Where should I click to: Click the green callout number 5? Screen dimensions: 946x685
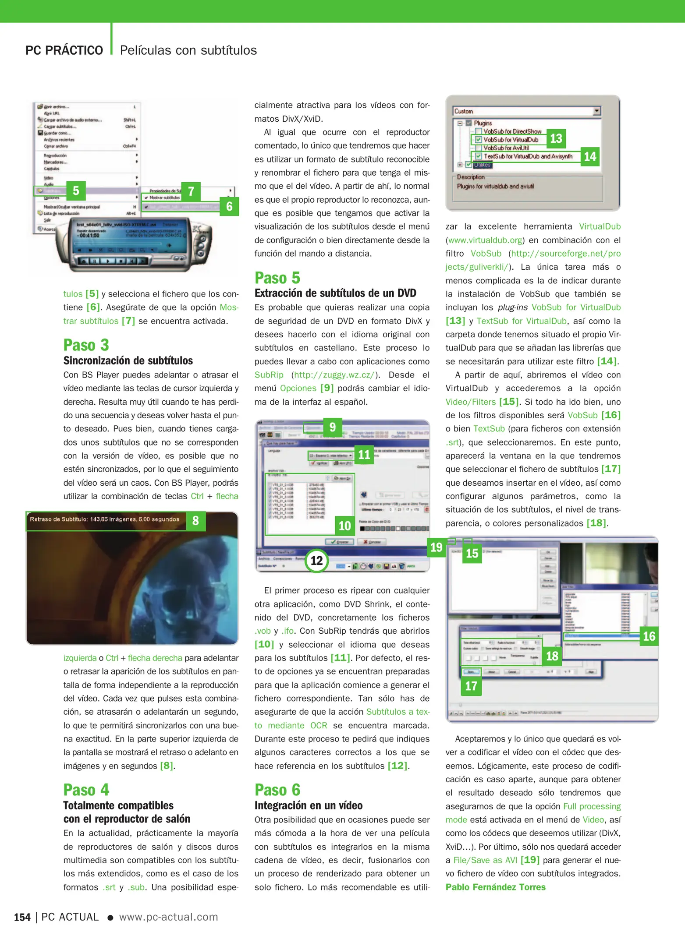point(76,191)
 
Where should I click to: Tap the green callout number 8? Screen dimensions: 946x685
point(195,521)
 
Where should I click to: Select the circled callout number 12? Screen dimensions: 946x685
point(316,561)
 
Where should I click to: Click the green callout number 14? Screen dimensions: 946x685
point(590,157)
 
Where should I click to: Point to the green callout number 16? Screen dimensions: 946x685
point(649,636)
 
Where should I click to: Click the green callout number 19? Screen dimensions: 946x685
point(436,547)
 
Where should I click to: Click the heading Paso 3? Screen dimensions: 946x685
point(86,345)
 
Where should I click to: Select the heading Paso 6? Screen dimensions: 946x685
point(277,790)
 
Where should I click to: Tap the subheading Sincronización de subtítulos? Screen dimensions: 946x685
point(128,361)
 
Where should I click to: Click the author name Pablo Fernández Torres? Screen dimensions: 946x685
point(495,887)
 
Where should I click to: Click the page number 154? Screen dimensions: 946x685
point(22,917)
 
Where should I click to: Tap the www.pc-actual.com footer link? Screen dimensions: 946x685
point(168,917)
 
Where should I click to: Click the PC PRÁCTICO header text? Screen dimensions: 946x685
point(64,50)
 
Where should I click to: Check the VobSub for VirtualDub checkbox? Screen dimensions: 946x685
point(479,140)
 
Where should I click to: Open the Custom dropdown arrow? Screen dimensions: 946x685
point(596,111)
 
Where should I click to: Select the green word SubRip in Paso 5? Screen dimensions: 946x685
point(269,375)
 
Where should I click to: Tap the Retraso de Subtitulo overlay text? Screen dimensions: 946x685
point(104,519)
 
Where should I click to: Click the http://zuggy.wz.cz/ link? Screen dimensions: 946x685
point(334,375)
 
